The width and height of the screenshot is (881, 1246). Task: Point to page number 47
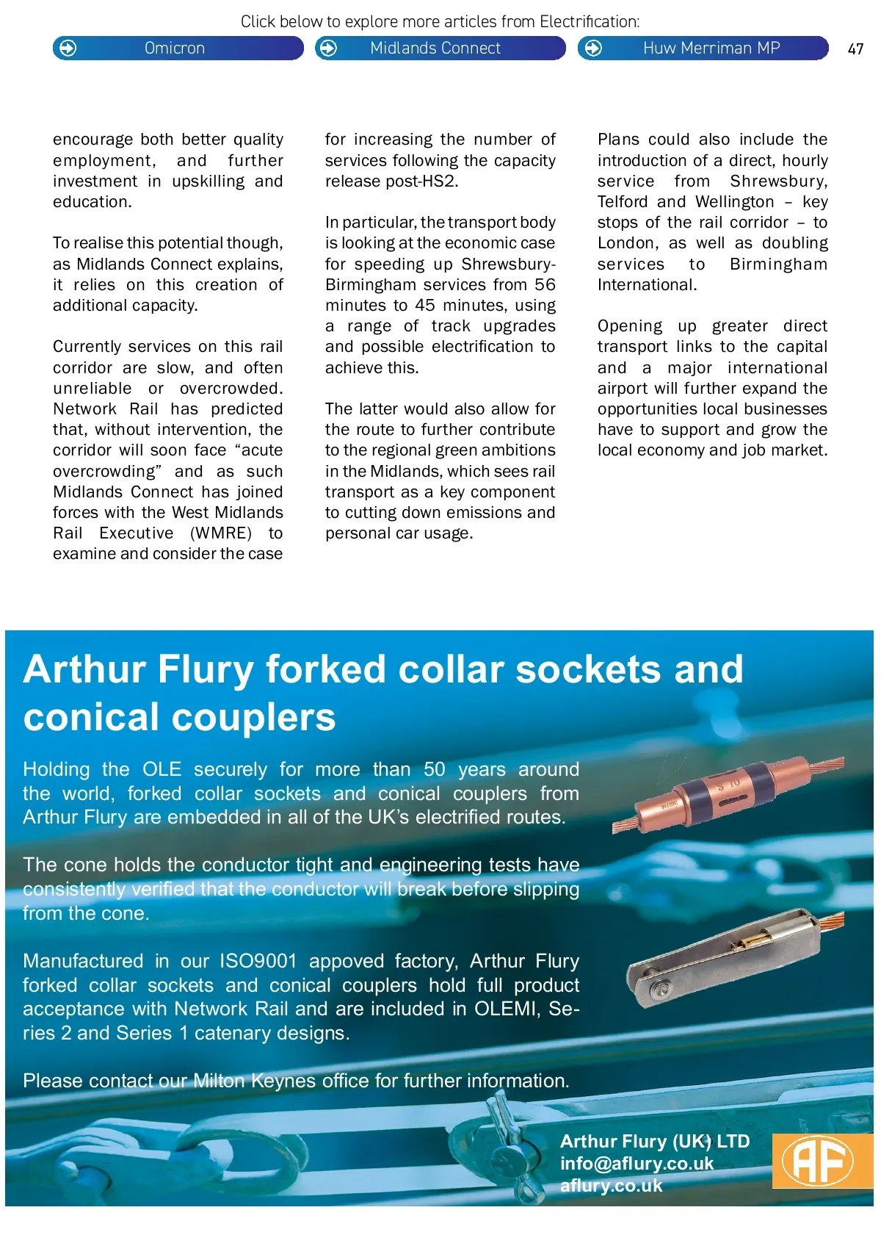pyautogui.click(x=855, y=49)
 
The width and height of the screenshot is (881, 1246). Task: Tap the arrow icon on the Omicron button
pyautogui.click(x=68, y=48)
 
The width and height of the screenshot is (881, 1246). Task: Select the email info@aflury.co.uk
pyautogui.click(x=637, y=1164)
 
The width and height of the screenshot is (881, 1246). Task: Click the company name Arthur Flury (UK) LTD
pyautogui.click(x=654, y=1141)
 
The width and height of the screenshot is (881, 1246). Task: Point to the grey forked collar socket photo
pyautogui.click(x=734, y=955)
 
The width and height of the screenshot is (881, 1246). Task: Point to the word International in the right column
pyautogui.click(x=646, y=285)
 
